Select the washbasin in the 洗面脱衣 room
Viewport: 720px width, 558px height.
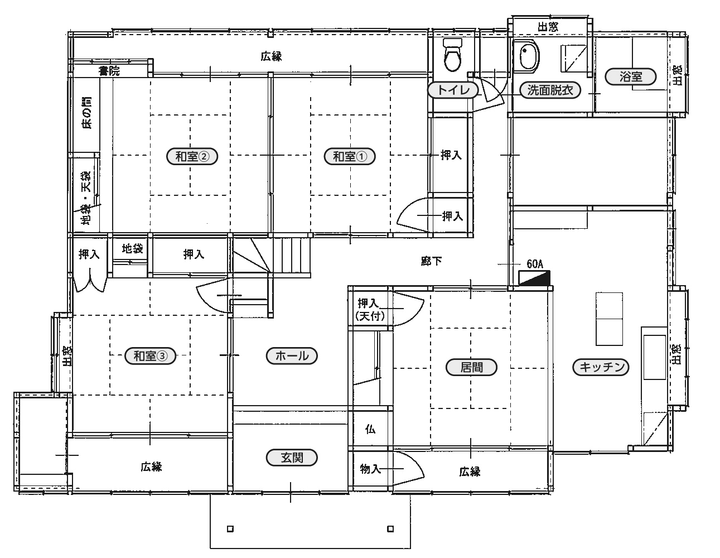pyautogui.click(x=529, y=56)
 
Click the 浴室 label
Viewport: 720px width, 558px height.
pyautogui.click(x=631, y=77)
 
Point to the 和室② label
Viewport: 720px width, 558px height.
pyautogui.click(x=192, y=156)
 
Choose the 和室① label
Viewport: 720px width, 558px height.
pyautogui.click(x=350, y=156)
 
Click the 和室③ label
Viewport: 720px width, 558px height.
pyautogui.click(x=150, y=356)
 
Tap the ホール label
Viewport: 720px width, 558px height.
pyautogui.click(x=292, y=356)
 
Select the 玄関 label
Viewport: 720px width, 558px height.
pyautogui.click(x=292, y=457)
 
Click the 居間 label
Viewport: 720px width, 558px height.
pyautogui.click(x=472, y=367)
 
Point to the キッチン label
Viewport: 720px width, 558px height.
pyautogui.click(x=601, y=367)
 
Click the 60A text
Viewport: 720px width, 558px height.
pyautogui.click(x=535, y=264)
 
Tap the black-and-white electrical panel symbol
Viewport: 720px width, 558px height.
pyautogui.click(x=534, y=278)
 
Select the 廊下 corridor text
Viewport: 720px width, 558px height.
pyautogui.click(x=432, y=261)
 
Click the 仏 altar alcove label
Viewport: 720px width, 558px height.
pyautogui.click(x=370, y=429)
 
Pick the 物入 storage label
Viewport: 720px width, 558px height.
pyautogui.click(x=371, y=469)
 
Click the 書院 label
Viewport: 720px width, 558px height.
pyautogui.click(x=109, y=71)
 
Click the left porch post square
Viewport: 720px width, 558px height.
pyautogui.click(x=231, y=529)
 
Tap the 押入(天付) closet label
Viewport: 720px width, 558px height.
pyautogui.click(x=370, y=310)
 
